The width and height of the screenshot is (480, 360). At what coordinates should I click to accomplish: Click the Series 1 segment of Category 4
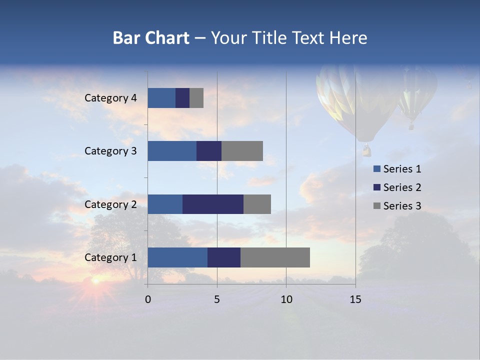[x=161, y=98]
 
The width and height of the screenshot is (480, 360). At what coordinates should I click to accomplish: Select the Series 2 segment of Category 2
[x=213, y=204]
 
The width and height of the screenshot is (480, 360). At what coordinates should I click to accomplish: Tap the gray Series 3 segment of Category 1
[x=275, y=257]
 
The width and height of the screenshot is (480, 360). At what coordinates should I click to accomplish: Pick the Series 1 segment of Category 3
[x=172, y=151]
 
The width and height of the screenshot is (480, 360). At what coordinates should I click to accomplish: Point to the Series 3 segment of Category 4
[x=196, y=98]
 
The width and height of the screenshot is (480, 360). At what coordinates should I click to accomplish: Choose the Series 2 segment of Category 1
[x=224, y=257]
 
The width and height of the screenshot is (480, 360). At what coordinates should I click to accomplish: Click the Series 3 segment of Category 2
[x=257, y=204]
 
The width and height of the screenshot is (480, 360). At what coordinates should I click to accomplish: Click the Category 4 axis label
[x=110, y=98]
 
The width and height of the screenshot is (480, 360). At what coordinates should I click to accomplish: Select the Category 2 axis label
[x=110, y=204]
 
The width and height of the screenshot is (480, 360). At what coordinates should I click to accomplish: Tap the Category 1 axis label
[x=110, y=257]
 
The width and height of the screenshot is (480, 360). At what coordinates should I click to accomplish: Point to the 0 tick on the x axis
[x=148, y=299]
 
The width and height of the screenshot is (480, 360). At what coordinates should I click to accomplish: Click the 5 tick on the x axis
[x=217, y=299]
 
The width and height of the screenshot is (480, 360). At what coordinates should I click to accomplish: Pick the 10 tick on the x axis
[x=286, y=299]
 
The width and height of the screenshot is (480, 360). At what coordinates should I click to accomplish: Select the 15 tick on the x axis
[x=355, y=299]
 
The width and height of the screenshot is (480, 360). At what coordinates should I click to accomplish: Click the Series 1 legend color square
[x=376, y=169]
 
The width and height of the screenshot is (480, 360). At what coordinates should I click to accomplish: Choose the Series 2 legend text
[x=402, y=187]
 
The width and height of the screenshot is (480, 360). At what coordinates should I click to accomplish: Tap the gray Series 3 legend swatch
[x=376, y=206]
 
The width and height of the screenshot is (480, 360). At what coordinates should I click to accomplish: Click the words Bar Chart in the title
[x=151, y=38]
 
